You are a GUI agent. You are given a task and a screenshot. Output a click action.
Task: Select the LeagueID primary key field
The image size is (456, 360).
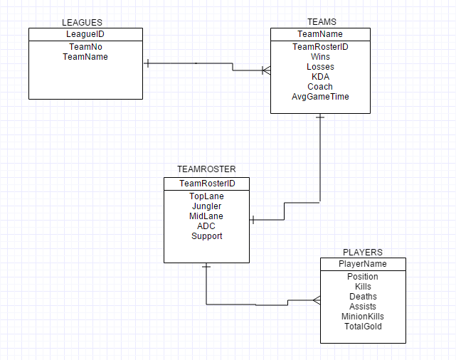click(x=85, y=34)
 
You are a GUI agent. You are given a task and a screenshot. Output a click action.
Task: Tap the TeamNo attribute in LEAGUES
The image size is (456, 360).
click(x=85, y=46)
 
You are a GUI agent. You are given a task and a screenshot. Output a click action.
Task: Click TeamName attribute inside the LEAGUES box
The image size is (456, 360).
click(x=85, y=56)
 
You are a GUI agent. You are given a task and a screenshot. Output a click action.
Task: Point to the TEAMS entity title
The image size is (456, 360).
click(x=321, y=23)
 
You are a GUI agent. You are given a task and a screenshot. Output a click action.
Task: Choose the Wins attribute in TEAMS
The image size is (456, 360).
click(x=320, y=57)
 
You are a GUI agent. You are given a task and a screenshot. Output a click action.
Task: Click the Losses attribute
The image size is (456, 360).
click(x=320, y=67)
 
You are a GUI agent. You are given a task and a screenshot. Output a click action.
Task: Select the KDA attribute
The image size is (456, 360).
click(x=320, y=77)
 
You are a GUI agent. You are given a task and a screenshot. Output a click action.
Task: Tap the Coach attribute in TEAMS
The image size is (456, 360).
click(x=320, y=87)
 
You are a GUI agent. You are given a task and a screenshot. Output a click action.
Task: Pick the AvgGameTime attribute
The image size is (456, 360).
click(x=320, y=97)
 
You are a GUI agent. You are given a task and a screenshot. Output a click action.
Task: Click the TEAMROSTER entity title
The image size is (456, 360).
click(x=206, y=169)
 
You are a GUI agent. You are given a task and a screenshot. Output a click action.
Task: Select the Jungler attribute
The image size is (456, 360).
click(x=206, y=206)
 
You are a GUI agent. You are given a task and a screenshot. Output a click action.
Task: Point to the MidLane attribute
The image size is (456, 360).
click(x=206, y=216)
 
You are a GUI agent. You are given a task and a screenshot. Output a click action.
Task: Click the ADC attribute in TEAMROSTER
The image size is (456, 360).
click(x=206, y=226)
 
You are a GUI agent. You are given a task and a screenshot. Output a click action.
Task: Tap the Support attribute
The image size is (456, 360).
click(x=206, y=236)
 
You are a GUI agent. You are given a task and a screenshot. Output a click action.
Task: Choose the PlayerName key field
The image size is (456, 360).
click(x=363, y=264)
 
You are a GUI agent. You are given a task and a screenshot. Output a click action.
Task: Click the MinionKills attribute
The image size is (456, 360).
click(x=363, y=317)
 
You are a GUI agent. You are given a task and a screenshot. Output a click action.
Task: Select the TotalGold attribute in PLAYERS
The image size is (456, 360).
click(x=363, y=327)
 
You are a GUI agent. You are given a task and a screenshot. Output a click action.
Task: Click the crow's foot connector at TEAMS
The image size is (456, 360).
click(x=265, y=70)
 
